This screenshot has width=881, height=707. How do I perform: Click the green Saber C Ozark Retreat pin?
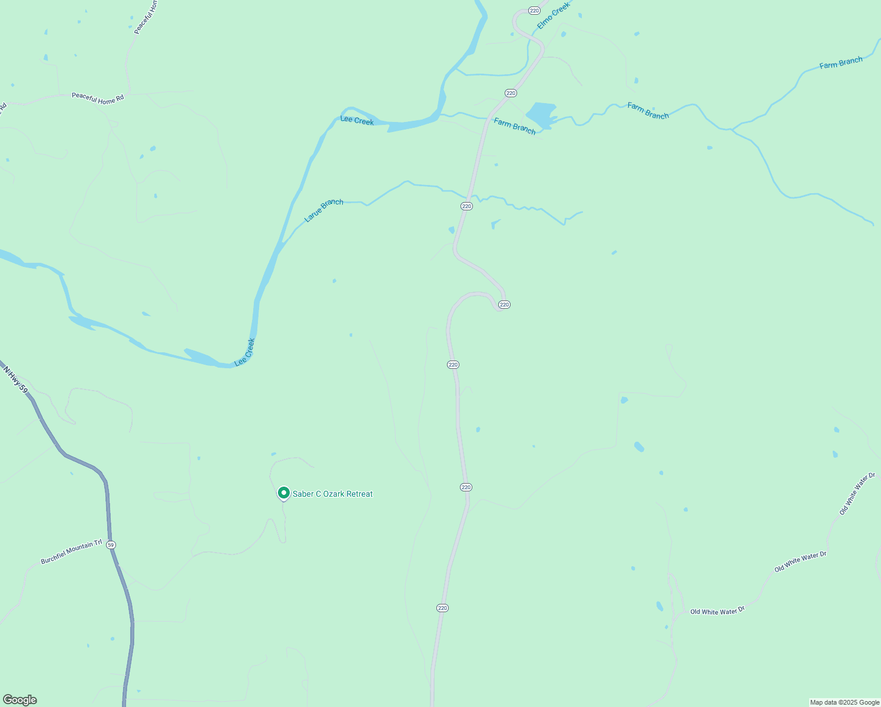click(x=283, y=493)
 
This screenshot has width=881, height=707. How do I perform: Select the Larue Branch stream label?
click(x=323, y=210)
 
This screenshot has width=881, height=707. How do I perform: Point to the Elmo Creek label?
click(x=554, y=16)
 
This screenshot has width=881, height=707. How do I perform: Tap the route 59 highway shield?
click(x=111, y=545)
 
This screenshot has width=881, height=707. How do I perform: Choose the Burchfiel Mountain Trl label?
click(x=71, y=552)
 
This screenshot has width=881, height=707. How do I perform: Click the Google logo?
click(x=19, y=700)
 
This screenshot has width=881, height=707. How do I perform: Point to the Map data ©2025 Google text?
click(x=844, y=702)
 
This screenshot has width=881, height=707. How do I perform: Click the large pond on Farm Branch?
click(x=541, y=113)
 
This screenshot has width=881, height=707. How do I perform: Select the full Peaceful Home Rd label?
click(x=98, y=98)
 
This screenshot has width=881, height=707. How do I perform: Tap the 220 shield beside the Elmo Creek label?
click(x=534, y=11)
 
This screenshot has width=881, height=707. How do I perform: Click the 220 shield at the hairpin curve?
click(x=504, y=305)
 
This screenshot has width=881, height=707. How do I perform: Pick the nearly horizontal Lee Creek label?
click(x=357, y=121)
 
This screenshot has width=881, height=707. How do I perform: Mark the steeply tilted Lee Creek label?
click(x=245, y=352)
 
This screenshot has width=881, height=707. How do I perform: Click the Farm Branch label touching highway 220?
click(x=515, y=126)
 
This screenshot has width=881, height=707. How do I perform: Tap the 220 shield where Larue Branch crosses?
click(x=467, y=206)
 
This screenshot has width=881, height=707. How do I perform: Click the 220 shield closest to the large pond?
click(x=511, y=93)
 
